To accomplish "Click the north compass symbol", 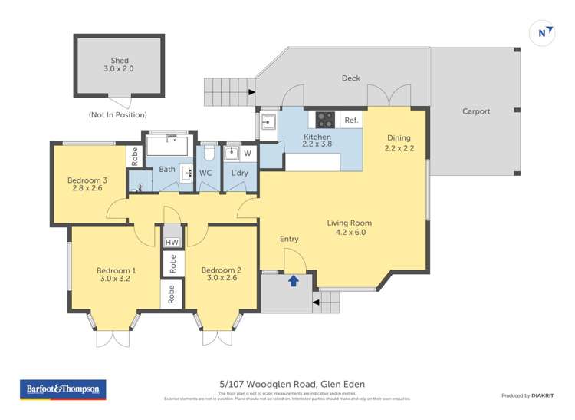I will [x=543, y=32].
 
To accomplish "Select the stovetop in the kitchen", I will [x=325, y=120].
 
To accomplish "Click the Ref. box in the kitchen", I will [x=350, y=121].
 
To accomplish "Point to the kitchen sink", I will [x=268, y=121].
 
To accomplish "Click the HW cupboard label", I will [x=172, y=243].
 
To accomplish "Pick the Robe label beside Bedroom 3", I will [x=135, y=157].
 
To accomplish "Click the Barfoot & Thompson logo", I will [x=63, y=389].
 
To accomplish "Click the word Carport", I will [x=475, y=111].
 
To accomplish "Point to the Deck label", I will [x=350, y=78].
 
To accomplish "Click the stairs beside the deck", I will [x=227, y=93].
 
